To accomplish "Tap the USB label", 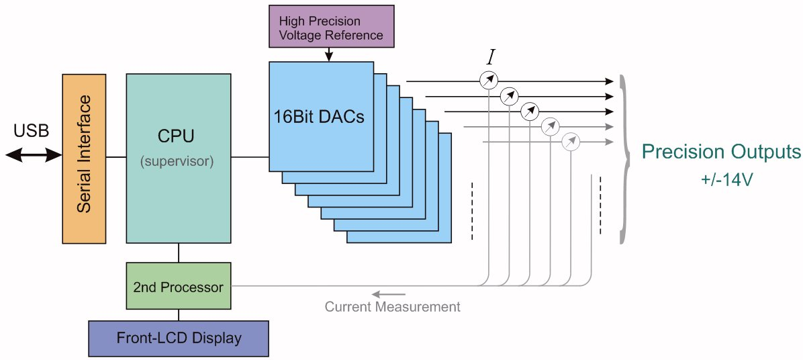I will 31,130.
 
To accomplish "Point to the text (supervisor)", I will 178,162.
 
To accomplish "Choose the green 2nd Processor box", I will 178,287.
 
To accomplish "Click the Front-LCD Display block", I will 178,338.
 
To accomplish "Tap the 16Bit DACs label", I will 318,116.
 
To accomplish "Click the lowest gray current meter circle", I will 570,142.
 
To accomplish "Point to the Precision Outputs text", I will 720,152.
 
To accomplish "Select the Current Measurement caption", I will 392,307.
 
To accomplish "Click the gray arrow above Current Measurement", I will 389,294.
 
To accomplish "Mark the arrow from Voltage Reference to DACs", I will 329,55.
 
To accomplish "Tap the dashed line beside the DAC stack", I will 473,210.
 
